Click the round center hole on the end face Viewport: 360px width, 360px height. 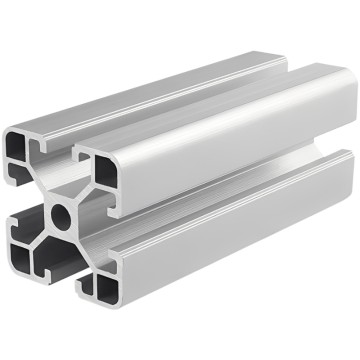[59, 212]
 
